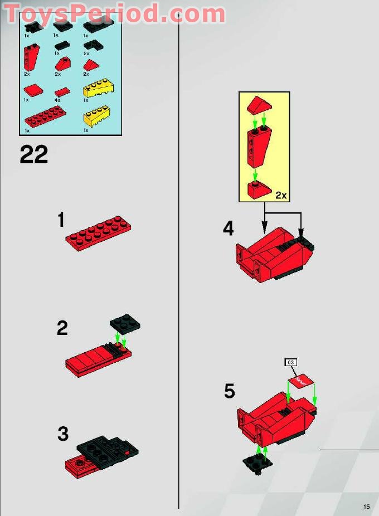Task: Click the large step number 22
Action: (34, 154)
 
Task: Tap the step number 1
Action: (61, 221)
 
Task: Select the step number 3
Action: (63, 434)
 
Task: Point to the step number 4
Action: (229, 228)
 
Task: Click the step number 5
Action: (230, 391)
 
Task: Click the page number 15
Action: (366, 507)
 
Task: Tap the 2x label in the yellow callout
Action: (280, 195)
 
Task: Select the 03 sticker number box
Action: (290, 363)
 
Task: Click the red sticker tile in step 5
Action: (302, 382)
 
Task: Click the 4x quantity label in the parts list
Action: (57, 100)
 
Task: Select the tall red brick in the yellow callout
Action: (258, 146)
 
